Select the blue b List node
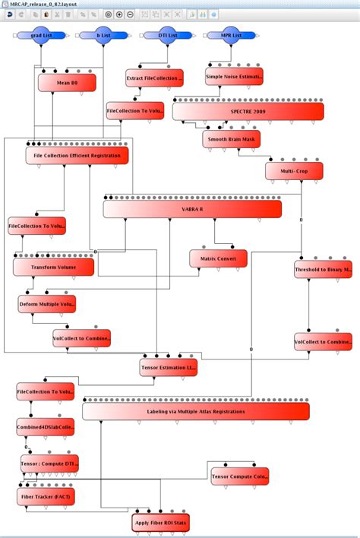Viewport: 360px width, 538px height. (x=103, y=35)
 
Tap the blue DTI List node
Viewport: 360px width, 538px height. (x=160, y=35)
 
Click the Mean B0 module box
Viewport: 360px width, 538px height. (x=67, y=83)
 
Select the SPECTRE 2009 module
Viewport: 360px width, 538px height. (x=248, y=111)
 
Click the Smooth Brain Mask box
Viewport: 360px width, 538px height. (x=231, y=139)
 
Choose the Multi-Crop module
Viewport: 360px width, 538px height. (x=294, y=171)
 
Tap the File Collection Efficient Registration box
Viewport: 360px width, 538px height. (x=77, y=156)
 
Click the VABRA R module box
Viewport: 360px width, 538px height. (x=192, y=208)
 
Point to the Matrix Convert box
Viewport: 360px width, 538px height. (x=218, y=258)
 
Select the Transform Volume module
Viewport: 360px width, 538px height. (x=53, y=267)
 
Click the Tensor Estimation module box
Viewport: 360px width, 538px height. (x=168, y=368)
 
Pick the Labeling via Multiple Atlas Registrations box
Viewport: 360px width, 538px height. (x=195, y=411)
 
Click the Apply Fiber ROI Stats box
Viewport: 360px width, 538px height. (x=159, y=523)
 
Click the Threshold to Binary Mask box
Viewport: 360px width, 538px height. (x=323, y=270)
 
